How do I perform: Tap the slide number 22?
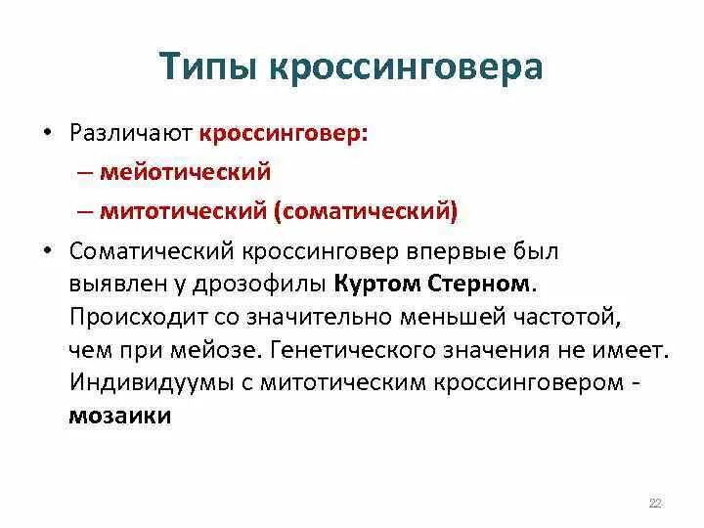pos(655,503)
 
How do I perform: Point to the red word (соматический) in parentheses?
pos(374,209)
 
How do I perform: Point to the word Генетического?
pos(340,349)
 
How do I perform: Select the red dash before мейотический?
pos(110,171)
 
